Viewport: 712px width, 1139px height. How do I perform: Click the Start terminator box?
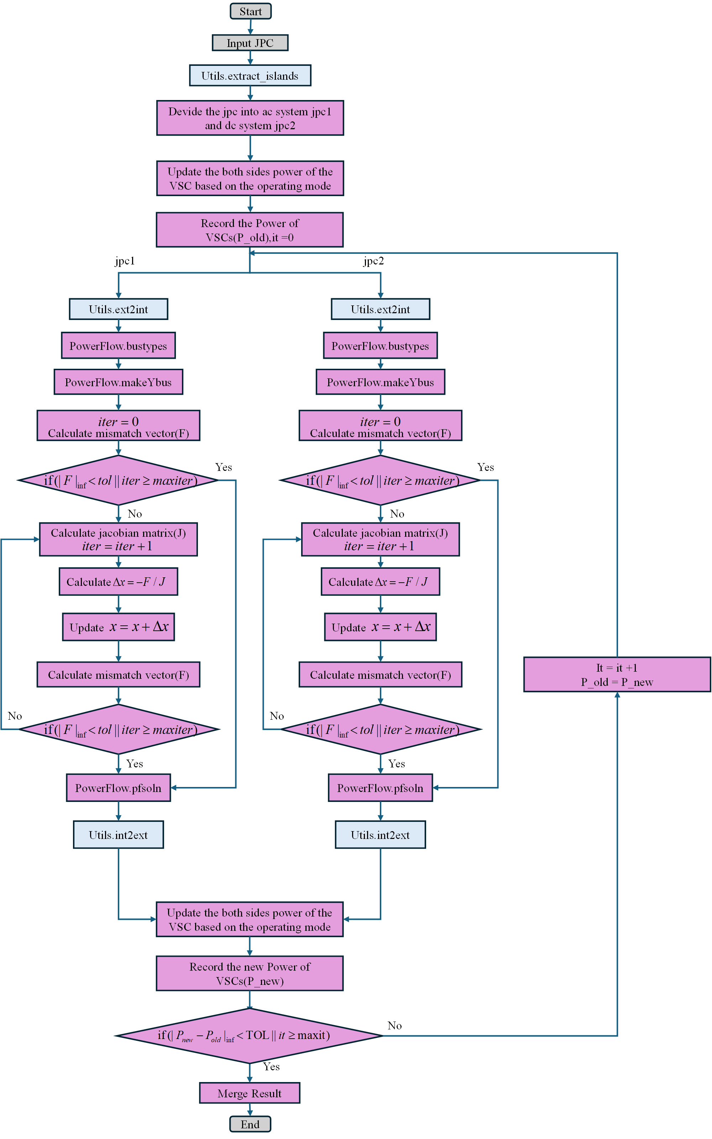pyautogui.click(x=251, y=11)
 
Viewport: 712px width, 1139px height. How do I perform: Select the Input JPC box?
pyautogui.click(x=250, y=43)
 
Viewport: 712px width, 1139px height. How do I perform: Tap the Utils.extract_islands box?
pyautogui.click(x=250, y=76)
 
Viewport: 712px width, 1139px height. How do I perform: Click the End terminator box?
pyautogui.click(x=250, y=1124)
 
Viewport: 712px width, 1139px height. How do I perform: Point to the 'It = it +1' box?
pyautogui.click(x=617, y=675)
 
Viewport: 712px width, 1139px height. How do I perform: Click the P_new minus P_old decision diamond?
pyautogui.click(x=248, y=1035)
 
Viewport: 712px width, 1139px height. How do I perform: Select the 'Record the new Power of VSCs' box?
pyautogui.click(x=250, y=973)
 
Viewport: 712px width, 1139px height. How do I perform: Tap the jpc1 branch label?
pyautogui.click(x=125, y=261)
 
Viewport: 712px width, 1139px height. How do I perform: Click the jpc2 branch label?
pyautogui.click(x=373, y=261)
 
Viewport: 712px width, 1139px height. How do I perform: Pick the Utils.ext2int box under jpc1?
pyautogui.click(x=118, y=309)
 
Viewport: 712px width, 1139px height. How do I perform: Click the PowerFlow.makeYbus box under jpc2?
pyautogui.click(x=380, y=382)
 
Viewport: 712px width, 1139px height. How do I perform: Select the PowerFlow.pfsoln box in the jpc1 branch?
pyautogui.click(x=118, y=788)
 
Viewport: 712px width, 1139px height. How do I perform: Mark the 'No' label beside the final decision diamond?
pyautogui.click(x=394, y=1025)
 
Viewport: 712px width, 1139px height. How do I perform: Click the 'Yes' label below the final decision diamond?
pyautogui.click(x=271, y=1066)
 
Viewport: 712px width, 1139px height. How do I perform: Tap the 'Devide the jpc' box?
pyautogui.click(x=250, y=118)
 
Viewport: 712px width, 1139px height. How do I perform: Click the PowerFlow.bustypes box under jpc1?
pyautogui.click(x=118, y=346)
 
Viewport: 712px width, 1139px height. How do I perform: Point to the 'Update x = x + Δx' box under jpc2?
pyautogui.click(x=380, y=627)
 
